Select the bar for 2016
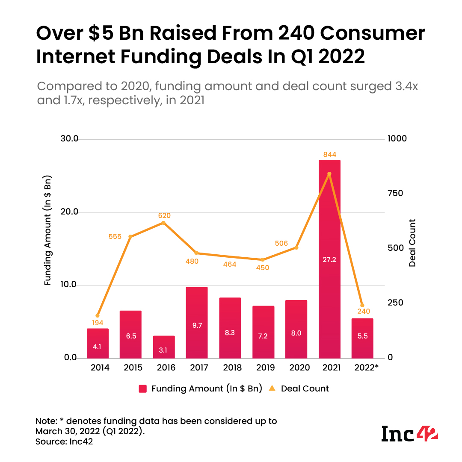164,347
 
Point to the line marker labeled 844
329,174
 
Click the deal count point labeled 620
164,223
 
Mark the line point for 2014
98,316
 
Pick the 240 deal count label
363,311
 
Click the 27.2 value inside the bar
329,259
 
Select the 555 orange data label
115,236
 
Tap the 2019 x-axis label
263,368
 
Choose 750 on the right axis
395,193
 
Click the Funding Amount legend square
143,388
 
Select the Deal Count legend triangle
271,388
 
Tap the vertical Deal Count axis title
412,243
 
